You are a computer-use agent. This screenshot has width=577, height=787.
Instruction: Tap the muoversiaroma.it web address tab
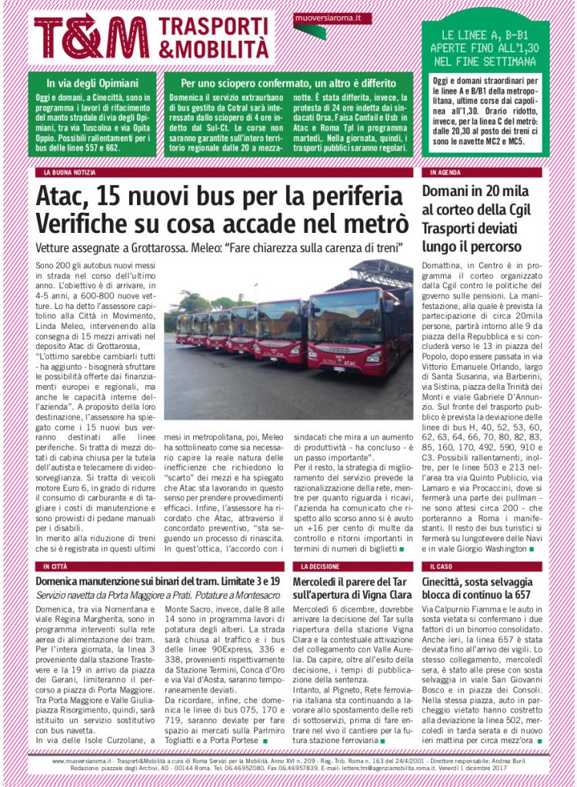(333, 17)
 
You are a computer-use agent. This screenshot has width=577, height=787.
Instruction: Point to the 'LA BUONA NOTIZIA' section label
(70, 173)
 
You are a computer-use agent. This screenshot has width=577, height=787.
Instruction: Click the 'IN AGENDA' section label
(445, 173)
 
